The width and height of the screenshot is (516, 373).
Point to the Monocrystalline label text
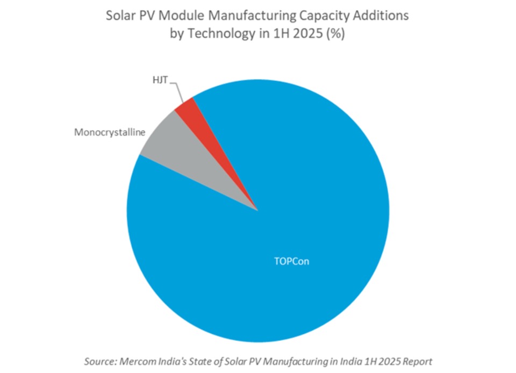point(110,132)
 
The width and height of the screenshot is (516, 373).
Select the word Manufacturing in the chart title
point(243,16)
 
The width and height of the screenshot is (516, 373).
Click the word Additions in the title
point(379,16)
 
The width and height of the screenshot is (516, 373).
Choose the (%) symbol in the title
point(334,34)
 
